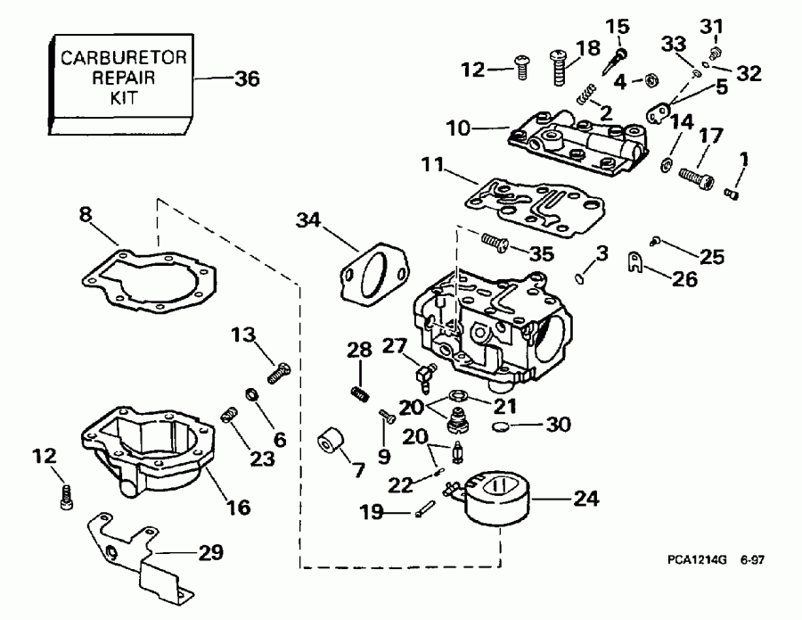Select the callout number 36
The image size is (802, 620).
pyautogui.click(x=246, y=79)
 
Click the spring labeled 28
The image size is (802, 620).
pyautogui.click(x=359, y=392)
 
